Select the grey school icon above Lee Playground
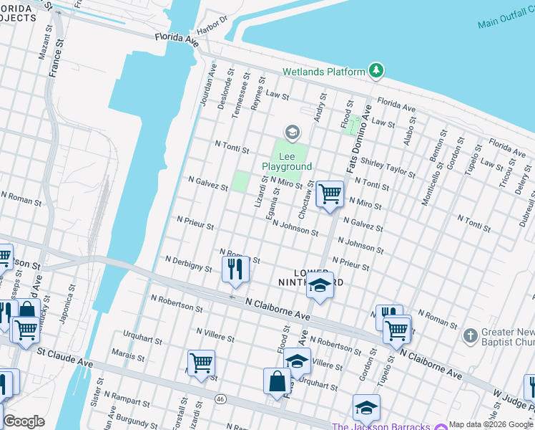(291, 132)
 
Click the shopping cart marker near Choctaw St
(330, 193)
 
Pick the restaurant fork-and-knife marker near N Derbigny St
(235, 269)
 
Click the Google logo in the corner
(24, 421)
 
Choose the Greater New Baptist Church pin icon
(470, 335)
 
